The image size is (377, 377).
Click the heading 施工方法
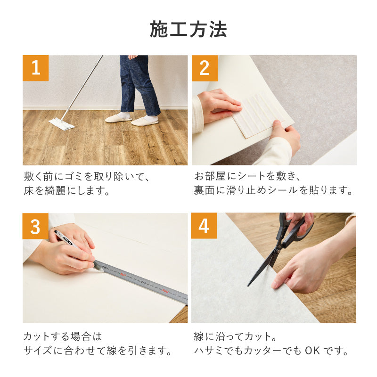[x=188, y=29]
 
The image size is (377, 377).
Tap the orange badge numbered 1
[x=35, y=68]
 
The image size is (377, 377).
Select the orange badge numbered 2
[x=204, y=68]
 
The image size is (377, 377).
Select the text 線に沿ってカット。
[x=235, y=336]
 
